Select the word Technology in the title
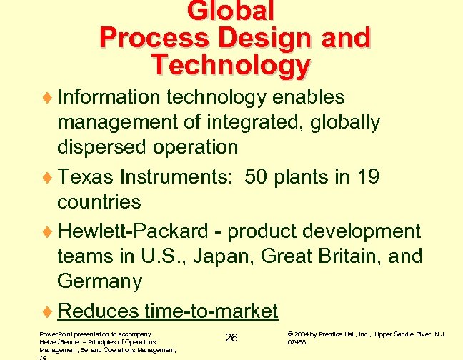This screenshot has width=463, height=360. click(x=231, y=65)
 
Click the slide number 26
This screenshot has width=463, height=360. click(x=231, y=337)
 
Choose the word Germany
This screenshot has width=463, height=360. click(x=99, y=281)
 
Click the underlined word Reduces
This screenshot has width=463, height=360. click(x=98, y=311)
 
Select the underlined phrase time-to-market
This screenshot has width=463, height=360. click(x=211, y=311)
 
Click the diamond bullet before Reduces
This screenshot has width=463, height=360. click(x=49, y=311)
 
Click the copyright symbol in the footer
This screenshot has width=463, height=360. click(x=290, y=334)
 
